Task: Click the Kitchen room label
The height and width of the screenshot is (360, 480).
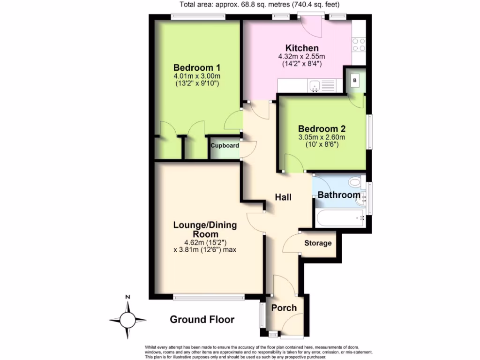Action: [x=302, y=48]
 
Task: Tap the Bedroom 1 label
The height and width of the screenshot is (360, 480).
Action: [x=197, y=67]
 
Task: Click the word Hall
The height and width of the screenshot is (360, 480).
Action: [x=283, y=197]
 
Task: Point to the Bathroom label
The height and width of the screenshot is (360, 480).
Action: [x=339, y=195]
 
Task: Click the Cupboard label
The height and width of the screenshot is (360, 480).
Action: [x=225, y=146]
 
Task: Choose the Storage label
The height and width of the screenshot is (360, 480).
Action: [x=318, y=243]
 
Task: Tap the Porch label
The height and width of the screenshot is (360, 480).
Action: [x=284, y=308]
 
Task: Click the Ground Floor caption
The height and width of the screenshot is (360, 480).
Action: [x=202, y=320]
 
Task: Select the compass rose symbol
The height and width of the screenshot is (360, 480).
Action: [x=127, y=320]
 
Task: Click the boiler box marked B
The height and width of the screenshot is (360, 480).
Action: [x=355, y=81]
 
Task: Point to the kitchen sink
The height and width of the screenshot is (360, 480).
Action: [x=314, y=86]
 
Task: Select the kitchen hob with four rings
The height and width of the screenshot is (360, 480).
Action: [x=359, y=45]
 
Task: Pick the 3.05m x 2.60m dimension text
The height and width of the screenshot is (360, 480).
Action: [x=322, y=137]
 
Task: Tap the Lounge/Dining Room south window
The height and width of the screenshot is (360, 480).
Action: [x=208, y=297]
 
